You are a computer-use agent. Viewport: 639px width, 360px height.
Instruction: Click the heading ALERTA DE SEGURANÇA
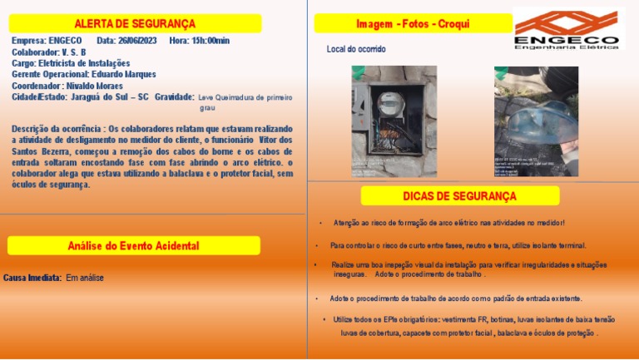[x=134, y=23]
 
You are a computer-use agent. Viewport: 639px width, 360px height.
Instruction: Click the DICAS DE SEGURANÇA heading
[x=459, y=196]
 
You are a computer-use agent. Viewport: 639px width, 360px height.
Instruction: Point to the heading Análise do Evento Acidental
[x=133, y=246]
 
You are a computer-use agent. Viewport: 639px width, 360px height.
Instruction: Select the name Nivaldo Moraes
[x=95, y=86]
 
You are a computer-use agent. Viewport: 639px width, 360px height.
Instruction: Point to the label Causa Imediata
[x=32, y=278]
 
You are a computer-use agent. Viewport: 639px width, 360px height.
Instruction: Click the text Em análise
[x=85, y=278]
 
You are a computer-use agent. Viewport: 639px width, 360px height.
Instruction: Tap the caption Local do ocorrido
[x=355, y=50]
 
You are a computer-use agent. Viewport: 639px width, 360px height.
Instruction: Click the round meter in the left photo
[x=389, y=104]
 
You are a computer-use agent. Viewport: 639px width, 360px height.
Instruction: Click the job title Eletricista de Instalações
[x=84, y=63]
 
